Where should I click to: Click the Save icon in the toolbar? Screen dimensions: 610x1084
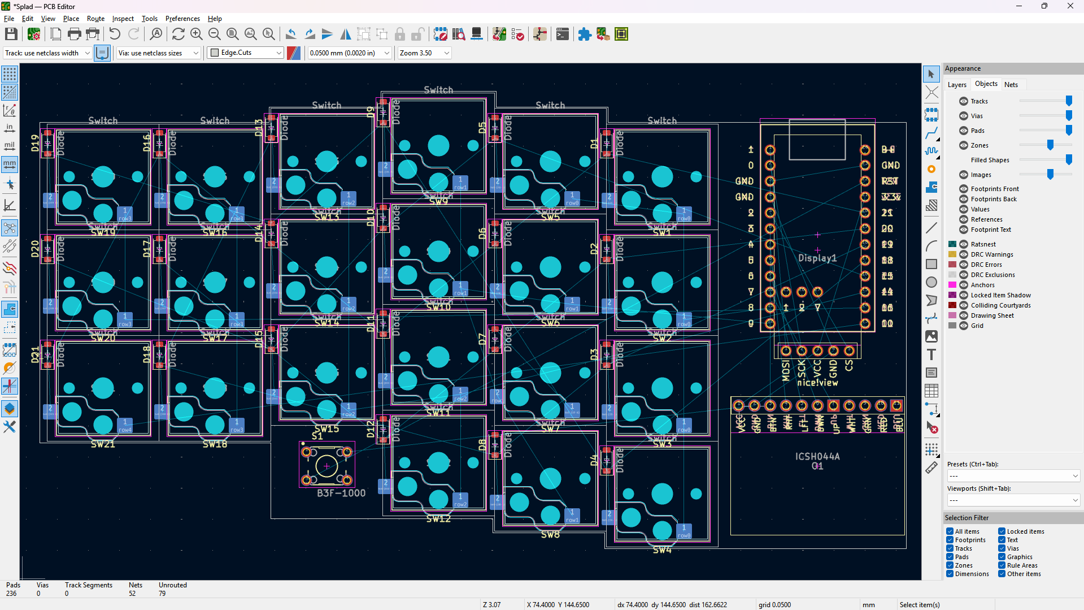click(11, 34)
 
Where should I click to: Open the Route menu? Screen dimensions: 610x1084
click(95, 19)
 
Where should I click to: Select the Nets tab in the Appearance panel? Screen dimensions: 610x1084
click(1011, 84)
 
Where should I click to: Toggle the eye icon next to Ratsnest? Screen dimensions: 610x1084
click(964, 244)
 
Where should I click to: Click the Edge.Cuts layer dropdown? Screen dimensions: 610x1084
click(245, 53)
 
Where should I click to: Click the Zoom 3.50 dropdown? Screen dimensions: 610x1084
click(424, 53)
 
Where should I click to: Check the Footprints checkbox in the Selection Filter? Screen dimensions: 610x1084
click(950, 540)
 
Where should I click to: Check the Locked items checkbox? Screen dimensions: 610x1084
click(1002, 531)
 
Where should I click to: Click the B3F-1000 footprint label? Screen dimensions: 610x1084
click(341, 493)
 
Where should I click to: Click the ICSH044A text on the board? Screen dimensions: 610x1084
click(817, 456)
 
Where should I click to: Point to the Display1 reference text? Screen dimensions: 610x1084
click(817, 258)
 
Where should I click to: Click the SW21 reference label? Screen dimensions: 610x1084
click(103, 444)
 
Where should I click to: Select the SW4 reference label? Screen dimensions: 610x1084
click(662, 550)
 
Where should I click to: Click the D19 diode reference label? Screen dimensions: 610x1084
click(36, 142)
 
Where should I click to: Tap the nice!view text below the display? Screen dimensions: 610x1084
click(817, 383)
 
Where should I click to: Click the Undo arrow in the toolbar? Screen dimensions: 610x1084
click(115, 34)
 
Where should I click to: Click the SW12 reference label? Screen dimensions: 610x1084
click(438, 518)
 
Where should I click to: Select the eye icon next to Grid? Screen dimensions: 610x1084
click(964, 326)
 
